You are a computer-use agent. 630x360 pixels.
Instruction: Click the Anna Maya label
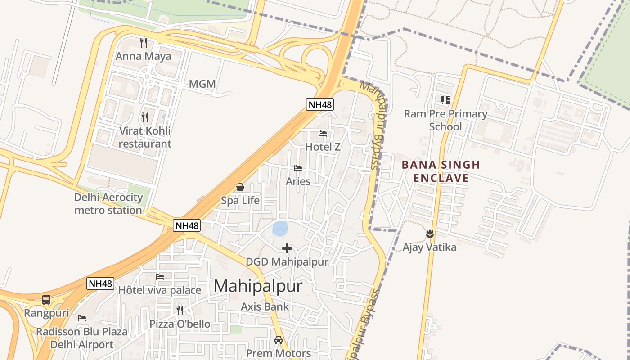pyautogui.click(x=144, y=56)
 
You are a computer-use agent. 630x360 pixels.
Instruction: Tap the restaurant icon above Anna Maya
pyautogui.click(x=144, y=43)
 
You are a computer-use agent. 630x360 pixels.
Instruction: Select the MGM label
pyautogui.click(x=202, y=84)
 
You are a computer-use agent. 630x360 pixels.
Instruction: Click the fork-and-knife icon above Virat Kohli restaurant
pyautogui.click(x=145, y=117)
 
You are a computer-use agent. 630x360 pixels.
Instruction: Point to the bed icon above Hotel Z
pyautogui.click(x=323, y=134)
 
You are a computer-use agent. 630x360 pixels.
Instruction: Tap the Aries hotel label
pyautogui.click(x=298, y=181)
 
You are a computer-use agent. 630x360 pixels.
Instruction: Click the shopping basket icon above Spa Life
pyautogui.click(x=240, y=187)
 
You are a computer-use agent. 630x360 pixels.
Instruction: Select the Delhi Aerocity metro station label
pyautogui.click(x=108, y=204)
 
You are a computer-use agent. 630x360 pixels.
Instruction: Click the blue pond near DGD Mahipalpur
pyautogui.click(x=280, y=229)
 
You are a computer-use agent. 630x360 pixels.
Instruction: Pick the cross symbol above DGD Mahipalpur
pyautogui.click(x=287, y=248)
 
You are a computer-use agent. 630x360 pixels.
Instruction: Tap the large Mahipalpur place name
pyautogui.click(x=258, y=286)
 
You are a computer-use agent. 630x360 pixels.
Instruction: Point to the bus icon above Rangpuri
pyautogui.click(x=46, y=300)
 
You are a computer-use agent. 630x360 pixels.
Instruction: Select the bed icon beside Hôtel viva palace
pyautogui.click(x=160, y=277)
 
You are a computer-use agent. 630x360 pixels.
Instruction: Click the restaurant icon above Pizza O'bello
pyautogui.click(x=180, y=310)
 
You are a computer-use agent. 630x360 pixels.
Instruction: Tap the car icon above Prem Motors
pyautogui.click(x=279, y=340)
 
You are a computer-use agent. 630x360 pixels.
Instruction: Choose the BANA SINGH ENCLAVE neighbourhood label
pyautogui.click(x=441, y=171)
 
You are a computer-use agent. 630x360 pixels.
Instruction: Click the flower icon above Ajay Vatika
pyautogui.click(x=430, y=234)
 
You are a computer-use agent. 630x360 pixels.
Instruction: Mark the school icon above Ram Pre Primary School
pyautogui.click(x=445, y=100)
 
